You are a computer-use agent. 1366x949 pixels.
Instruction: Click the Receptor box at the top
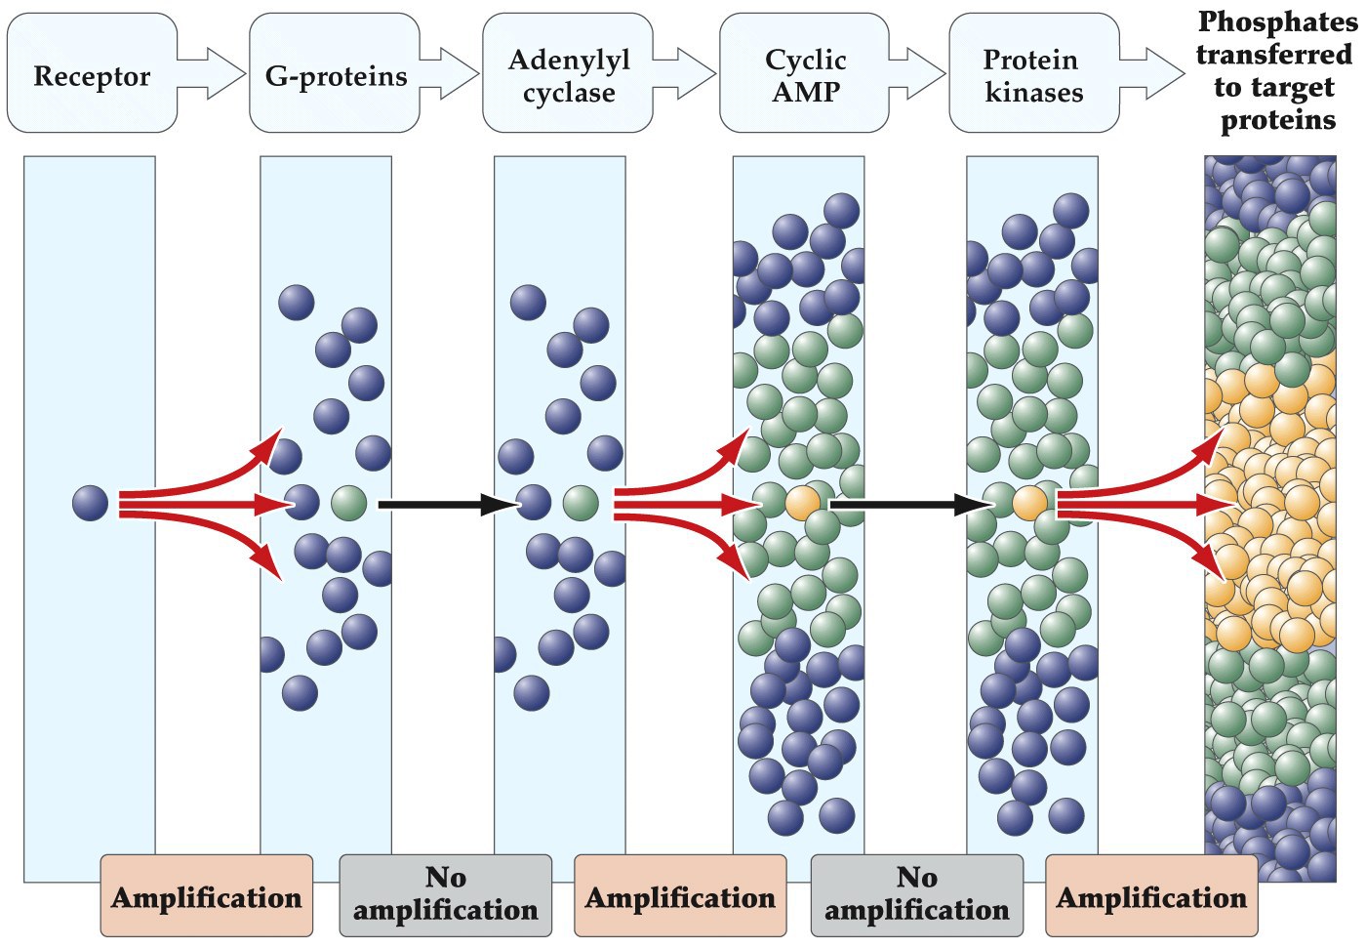point(92,75)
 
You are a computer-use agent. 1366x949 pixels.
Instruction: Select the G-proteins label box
point(335,75)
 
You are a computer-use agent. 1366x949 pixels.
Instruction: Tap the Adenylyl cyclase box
point(568,75)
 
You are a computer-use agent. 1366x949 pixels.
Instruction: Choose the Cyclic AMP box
point(805,75)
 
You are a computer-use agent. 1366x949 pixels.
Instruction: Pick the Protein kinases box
point(1032,75)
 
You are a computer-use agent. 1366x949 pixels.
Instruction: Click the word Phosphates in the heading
point(1277,21)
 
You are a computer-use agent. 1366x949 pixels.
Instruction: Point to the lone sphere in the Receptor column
point(90,504)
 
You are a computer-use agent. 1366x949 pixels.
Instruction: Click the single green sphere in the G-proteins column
point(349,504)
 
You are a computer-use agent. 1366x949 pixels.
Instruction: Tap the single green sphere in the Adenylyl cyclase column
point(581,504)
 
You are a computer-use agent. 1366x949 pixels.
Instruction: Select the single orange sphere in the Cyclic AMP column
point(803,504)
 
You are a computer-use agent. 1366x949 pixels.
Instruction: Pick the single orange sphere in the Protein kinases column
point(1030,504)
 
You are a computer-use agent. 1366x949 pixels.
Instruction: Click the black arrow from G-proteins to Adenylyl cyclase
point(445,505)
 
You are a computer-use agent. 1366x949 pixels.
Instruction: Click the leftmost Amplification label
point(207,896)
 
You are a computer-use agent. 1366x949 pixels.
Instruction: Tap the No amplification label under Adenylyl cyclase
point(446,894)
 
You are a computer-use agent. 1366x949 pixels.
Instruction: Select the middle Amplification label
point(680,896)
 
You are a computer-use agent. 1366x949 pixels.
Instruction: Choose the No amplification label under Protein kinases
point(917,894)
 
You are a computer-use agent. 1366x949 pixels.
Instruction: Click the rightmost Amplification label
point(1151,896)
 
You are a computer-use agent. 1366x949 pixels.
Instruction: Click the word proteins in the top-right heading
point(1278,120)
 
